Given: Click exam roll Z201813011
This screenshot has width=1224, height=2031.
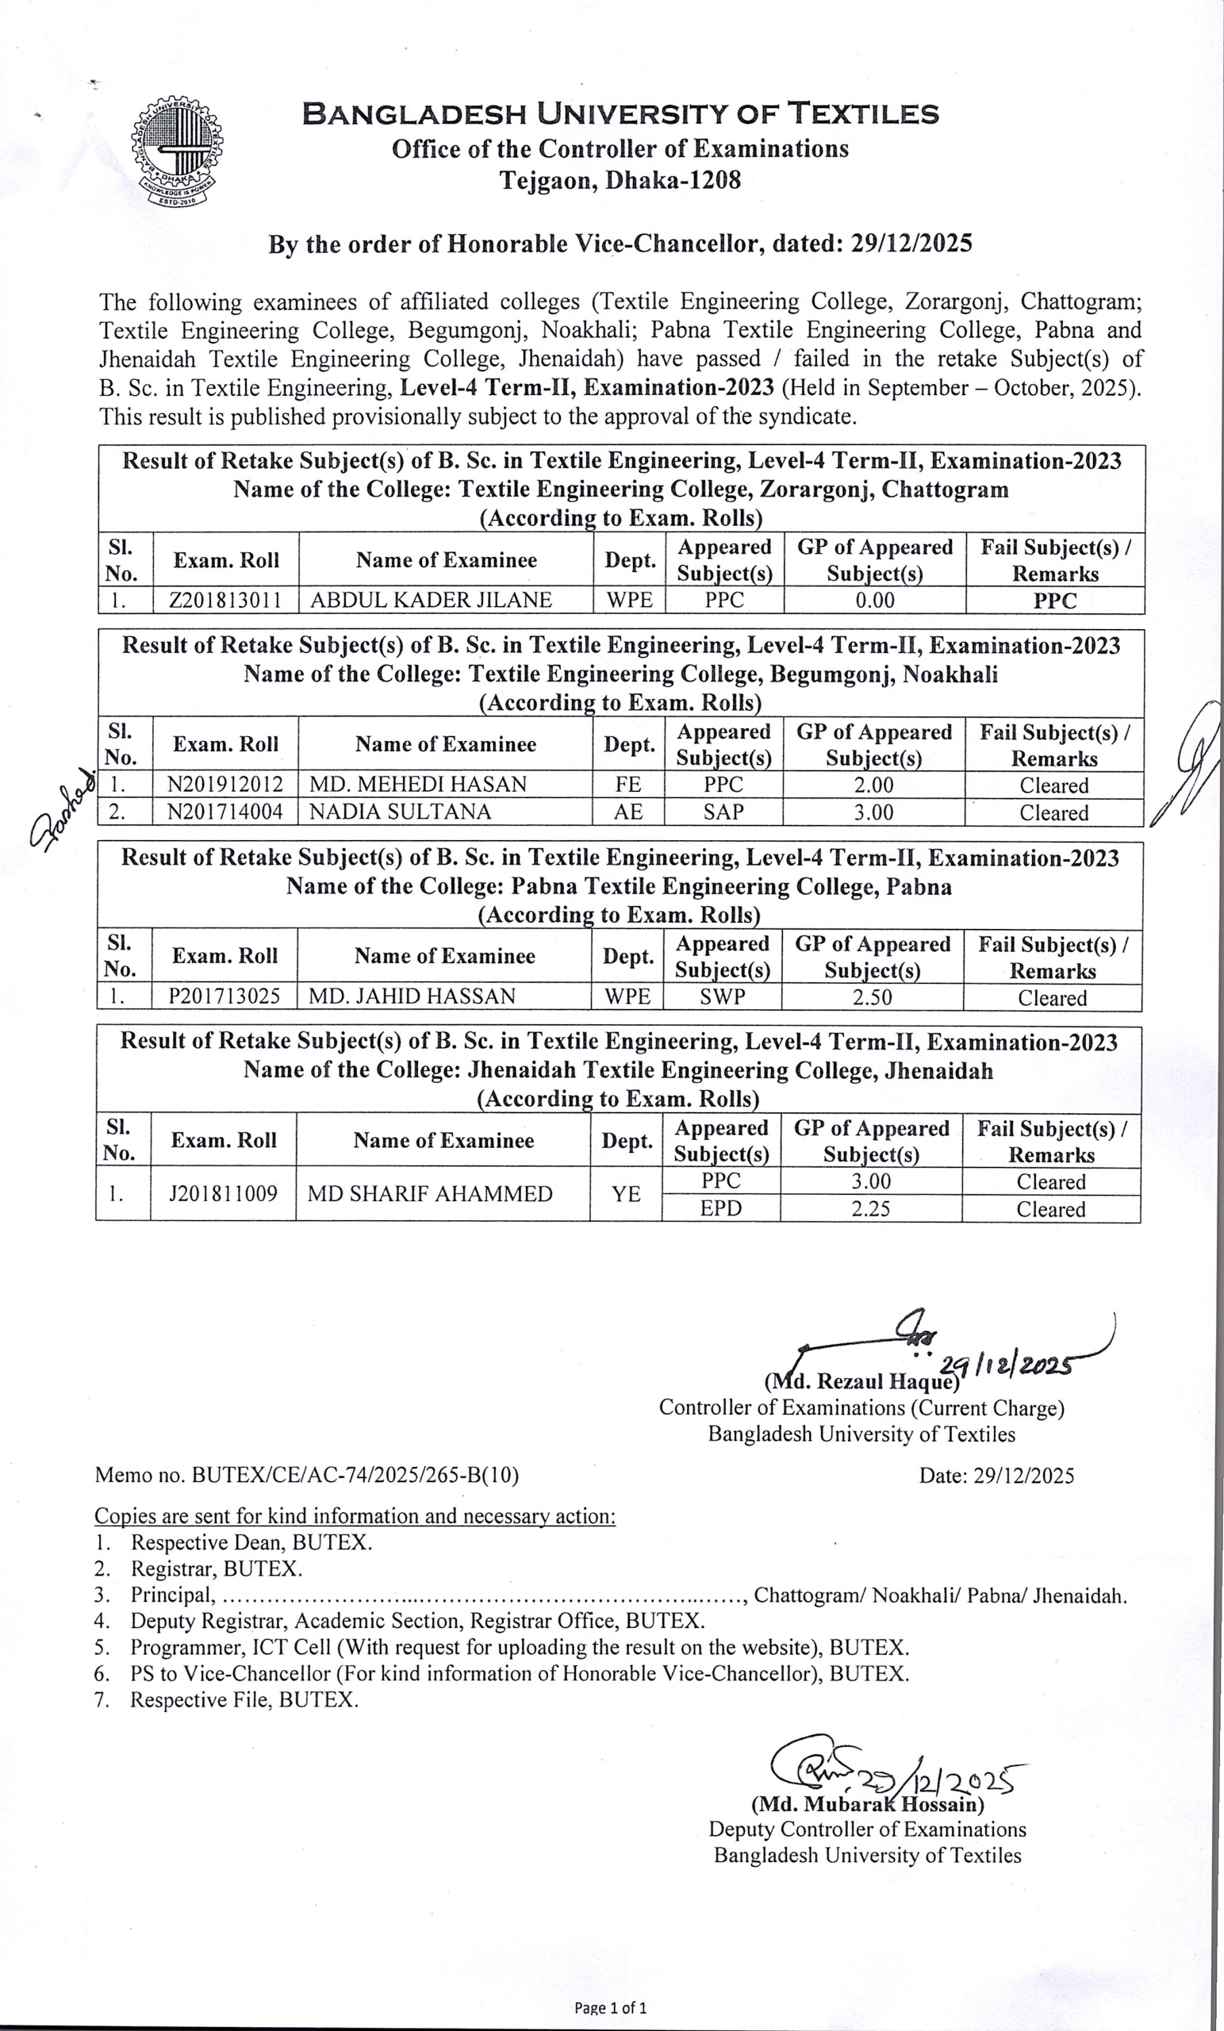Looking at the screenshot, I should [225, 600].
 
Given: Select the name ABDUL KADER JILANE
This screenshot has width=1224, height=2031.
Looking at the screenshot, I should [430, 600].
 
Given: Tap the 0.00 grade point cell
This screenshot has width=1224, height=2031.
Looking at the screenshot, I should [874, 600].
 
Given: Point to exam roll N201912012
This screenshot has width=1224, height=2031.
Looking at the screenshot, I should [225, 785].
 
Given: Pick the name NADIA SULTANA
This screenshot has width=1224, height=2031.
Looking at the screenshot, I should [400, 812].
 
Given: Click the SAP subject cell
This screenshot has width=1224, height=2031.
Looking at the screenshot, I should [723, 812].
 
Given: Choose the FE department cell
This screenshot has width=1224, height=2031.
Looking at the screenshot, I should [628, 785].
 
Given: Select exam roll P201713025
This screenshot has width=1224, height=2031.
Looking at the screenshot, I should [224, 996].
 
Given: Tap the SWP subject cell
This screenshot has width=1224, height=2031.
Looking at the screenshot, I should [722, 996].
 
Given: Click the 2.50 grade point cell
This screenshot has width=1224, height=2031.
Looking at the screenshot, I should [872, 996].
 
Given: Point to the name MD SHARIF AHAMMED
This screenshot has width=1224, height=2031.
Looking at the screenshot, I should [429, 1193].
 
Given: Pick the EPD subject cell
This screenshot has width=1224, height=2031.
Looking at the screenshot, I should [721, 1208].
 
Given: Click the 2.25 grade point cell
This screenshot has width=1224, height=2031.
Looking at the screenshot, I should [870, 1208].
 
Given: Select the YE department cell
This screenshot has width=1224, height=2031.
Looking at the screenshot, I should [626, 1193].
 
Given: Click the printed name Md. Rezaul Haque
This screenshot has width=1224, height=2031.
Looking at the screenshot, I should [862, 1381].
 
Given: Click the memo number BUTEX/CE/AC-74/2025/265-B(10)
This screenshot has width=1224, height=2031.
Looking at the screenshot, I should [307, 1475].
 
